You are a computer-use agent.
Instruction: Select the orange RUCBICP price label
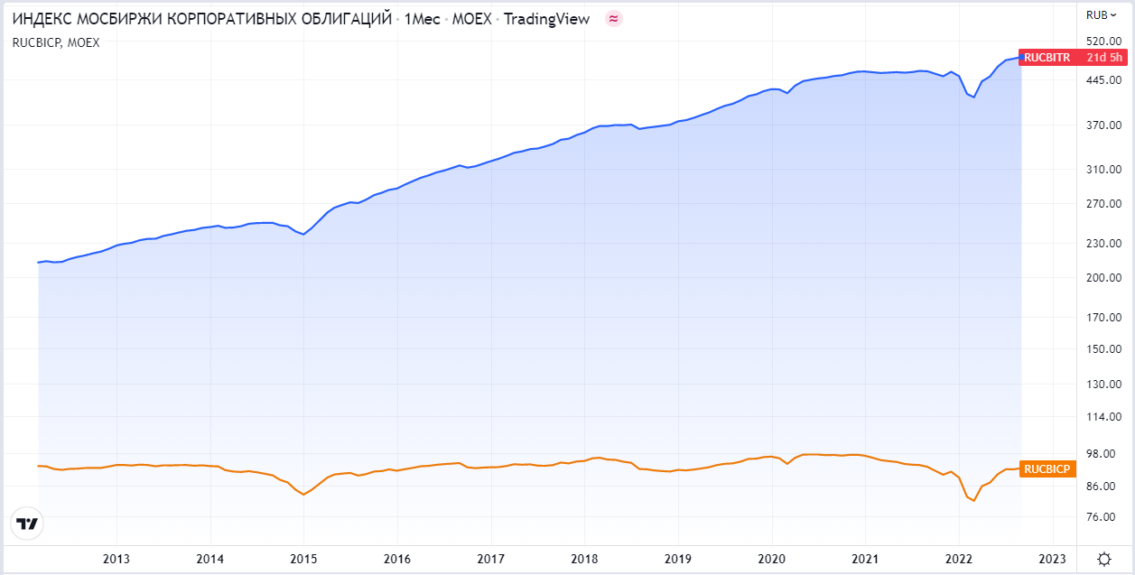[x=1047, y=468]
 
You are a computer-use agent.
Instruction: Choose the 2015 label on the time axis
[x=303, y=559]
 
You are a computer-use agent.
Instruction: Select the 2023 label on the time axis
[x=1053, y=559]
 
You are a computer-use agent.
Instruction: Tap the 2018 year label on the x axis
[x=584, y=559]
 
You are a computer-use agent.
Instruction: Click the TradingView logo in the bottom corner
[x=28, y=524]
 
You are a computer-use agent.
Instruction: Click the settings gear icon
[x=1104, y=559]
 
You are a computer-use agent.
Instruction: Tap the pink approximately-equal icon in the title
[x=614, y=19]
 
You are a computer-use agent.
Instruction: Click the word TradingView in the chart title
[x=545, y=19]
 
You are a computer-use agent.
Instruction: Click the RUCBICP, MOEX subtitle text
[x=56, y=42]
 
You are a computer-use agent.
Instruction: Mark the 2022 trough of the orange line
[x=974, y=500]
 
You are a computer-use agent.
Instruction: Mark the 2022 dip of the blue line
[x=974, y=97]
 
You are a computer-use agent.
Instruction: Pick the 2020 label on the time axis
[x=772, y=559]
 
